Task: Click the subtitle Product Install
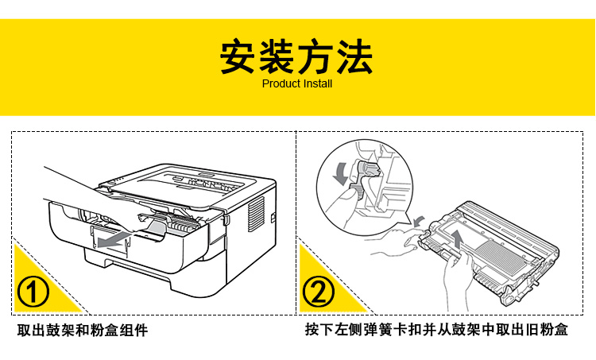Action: [x=296, y=83]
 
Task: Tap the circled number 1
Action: [x=33, y=292]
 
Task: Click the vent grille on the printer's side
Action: [x=256, y=210]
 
